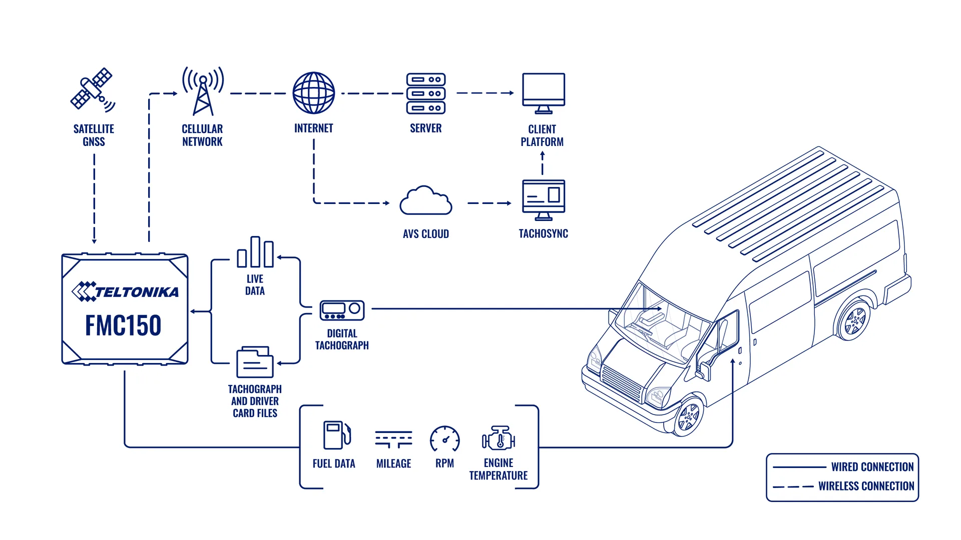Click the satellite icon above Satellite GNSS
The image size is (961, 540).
pos(93,89)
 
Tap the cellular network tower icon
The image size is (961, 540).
pos(203,91)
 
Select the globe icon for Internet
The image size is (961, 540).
pos(314,93)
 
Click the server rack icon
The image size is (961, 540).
pos(426,93)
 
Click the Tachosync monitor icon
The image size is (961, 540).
pos(544,200)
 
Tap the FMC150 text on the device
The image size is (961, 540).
pos(123,325)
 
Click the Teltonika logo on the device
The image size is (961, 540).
pos(125,291)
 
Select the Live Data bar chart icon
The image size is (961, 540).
pos(255,252)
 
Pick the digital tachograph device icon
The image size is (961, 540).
pos(342,310)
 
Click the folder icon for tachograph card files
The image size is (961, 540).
pos(255,361)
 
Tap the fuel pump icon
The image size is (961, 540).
pos(337,434)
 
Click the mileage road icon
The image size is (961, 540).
pos(394,439)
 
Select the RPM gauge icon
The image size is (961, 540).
pos(445,439)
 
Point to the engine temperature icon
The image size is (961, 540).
pos(499,438)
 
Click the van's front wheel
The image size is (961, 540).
pos(689,415)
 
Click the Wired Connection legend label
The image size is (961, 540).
pos(872,467)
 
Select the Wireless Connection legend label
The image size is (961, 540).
pos(866,486)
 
